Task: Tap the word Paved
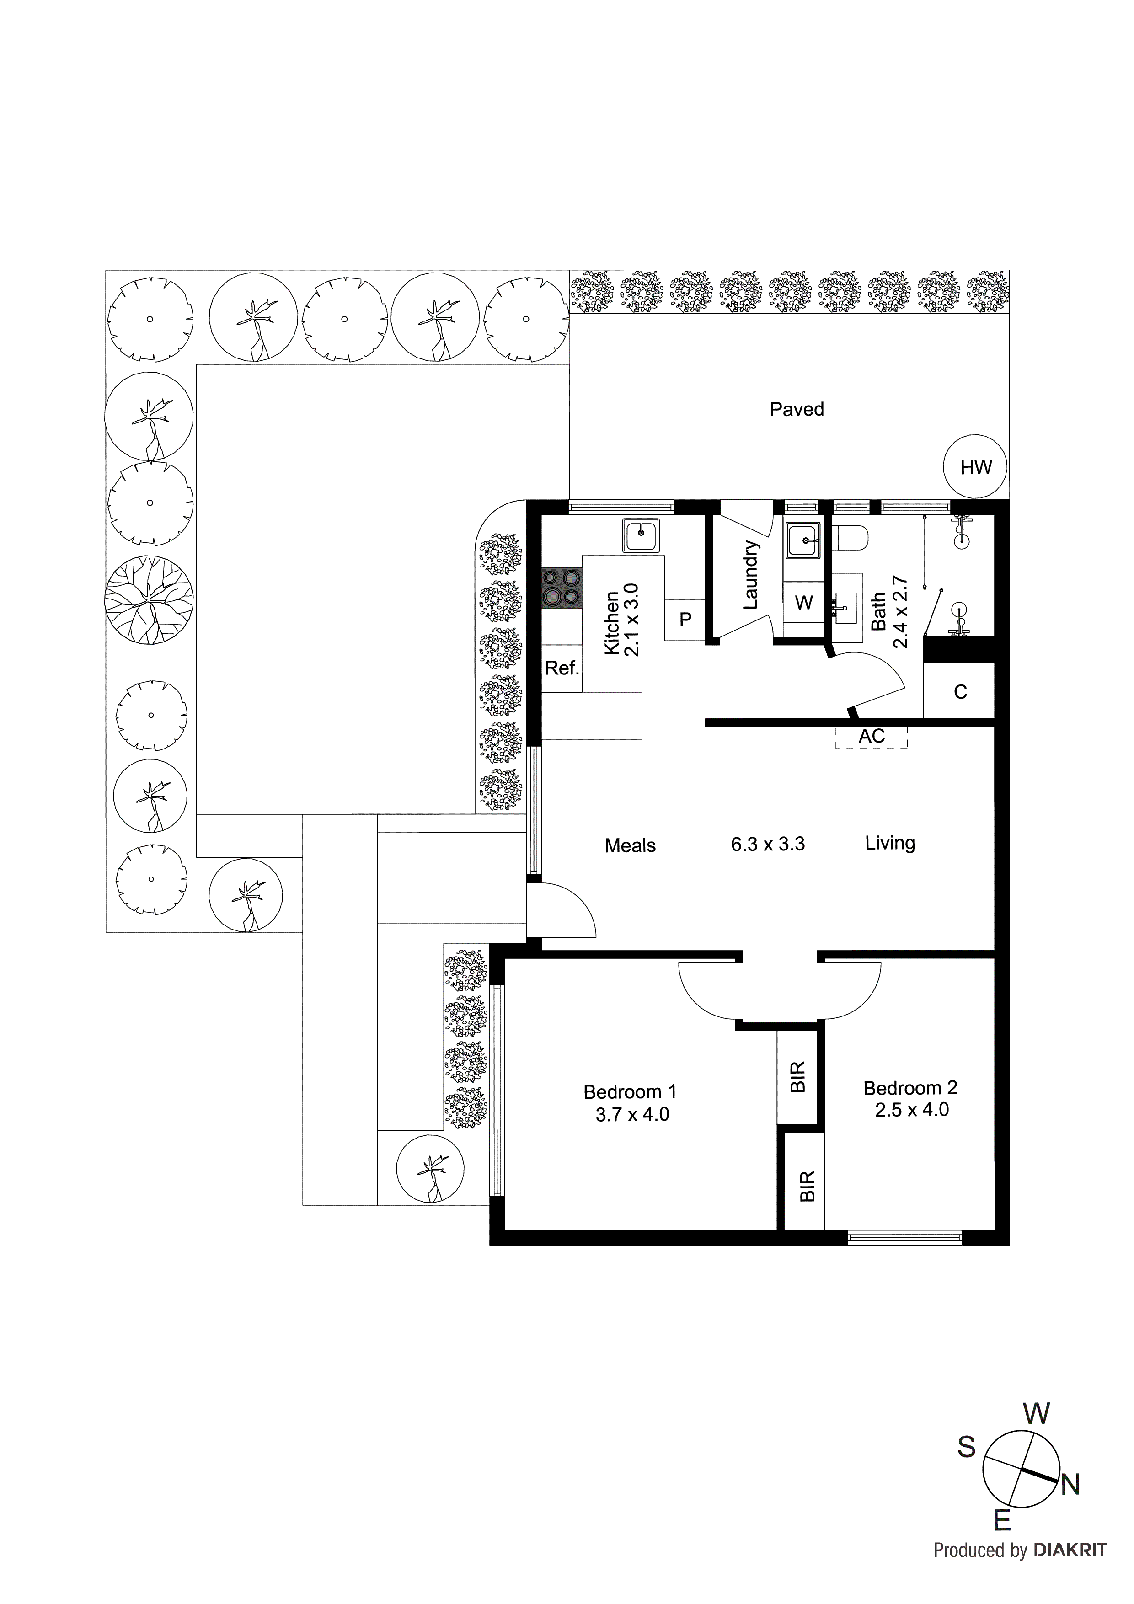797,409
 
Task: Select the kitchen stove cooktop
561,587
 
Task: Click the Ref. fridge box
562,668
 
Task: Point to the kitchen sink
642,536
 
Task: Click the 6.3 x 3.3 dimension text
767,844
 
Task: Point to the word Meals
630,846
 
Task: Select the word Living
889,843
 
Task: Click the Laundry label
750,574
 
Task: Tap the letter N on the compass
1070,1485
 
